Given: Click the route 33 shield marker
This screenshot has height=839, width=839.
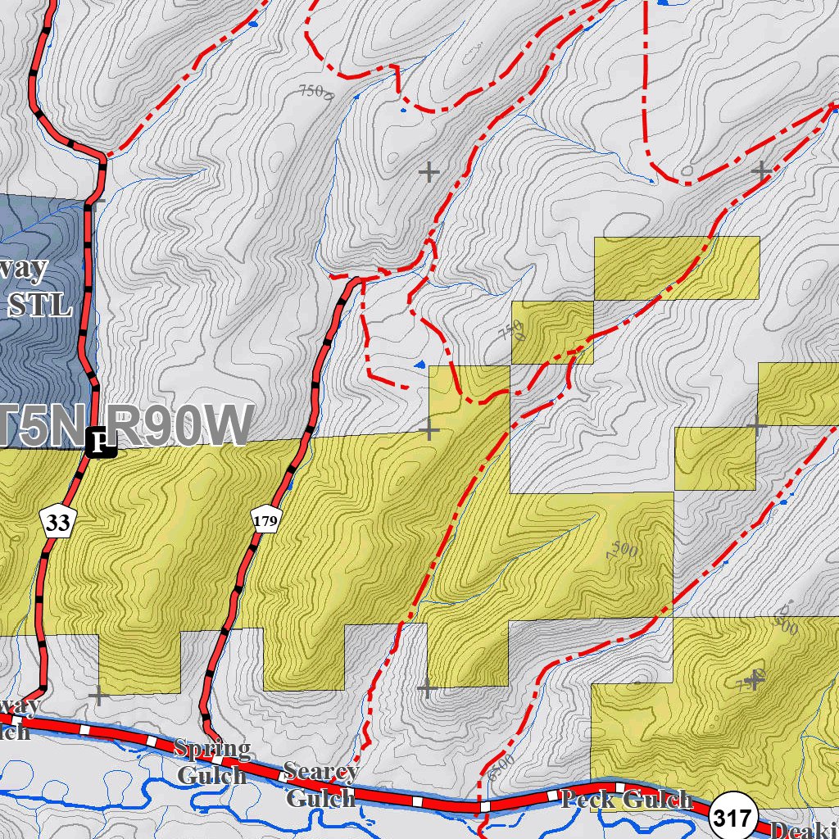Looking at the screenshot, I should [57, 522].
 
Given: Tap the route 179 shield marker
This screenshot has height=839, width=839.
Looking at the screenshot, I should [267, 519].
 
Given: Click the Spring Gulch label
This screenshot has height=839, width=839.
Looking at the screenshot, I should [211, 761].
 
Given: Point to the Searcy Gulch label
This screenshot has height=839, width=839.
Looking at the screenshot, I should [320, 784].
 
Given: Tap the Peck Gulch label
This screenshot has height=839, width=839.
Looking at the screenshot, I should [627, 799].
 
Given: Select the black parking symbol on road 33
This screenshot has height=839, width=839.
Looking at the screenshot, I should [101, 442].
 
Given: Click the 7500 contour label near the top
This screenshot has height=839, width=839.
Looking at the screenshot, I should [316, 91].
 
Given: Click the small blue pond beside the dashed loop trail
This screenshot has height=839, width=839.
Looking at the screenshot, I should [420, 364].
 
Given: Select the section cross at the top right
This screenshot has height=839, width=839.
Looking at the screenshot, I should [761, 171].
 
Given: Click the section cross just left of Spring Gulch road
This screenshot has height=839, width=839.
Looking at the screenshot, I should [98, 696].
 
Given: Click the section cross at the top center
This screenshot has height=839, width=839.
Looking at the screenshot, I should [429, 171].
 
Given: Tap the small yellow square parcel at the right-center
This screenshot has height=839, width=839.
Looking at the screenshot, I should [714, 458].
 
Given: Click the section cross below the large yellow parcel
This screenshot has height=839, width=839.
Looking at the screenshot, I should [425, 688].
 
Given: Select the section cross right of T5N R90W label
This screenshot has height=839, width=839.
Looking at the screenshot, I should [429, 429].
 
